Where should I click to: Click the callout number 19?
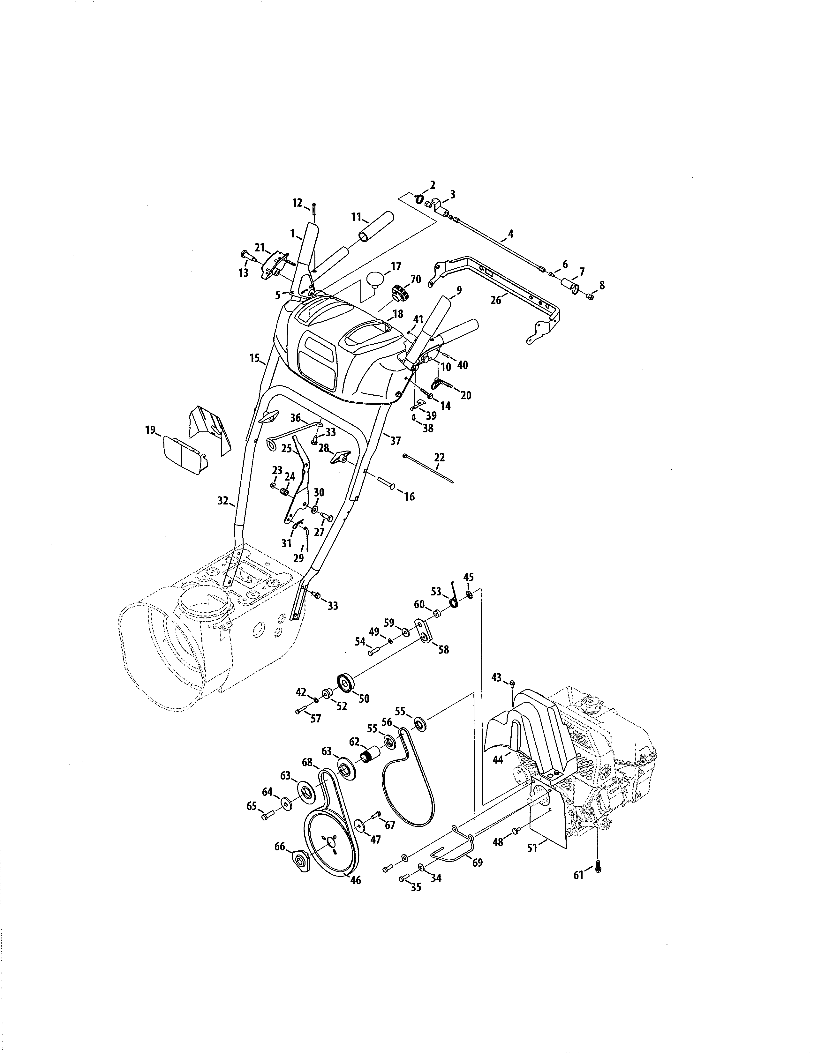[150, 429]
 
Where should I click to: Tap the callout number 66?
[280, 847]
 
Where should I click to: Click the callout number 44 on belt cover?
[498, 759]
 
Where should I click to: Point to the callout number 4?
[510, 234]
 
